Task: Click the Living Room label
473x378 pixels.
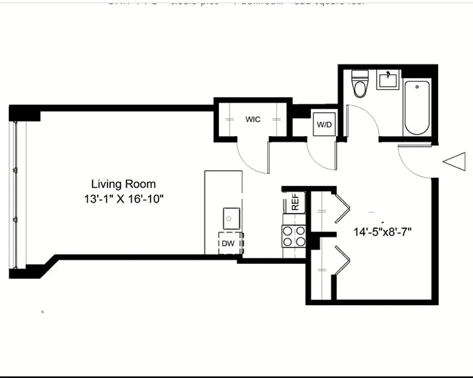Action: [123, 184]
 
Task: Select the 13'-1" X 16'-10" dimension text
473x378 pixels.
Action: [123, 199]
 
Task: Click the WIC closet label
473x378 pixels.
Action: [253, 120]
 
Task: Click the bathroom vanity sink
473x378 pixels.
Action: [388, 79]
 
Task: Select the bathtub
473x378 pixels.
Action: [416, 108]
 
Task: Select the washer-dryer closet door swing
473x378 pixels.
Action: [321, 156]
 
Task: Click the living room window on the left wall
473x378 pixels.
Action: [15, 194]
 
